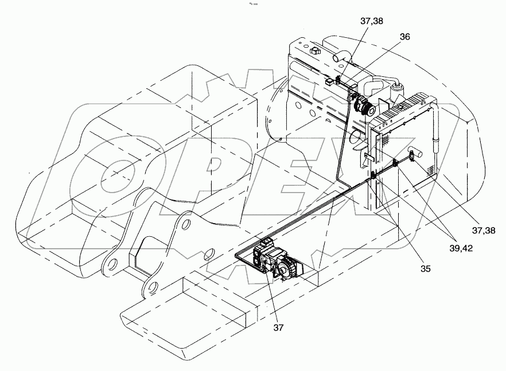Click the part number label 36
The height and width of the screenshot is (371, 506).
(x=404, y=36)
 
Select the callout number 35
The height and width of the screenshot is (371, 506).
(x=425, y=268)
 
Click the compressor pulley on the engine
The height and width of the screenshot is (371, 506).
(x=365, y=107)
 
